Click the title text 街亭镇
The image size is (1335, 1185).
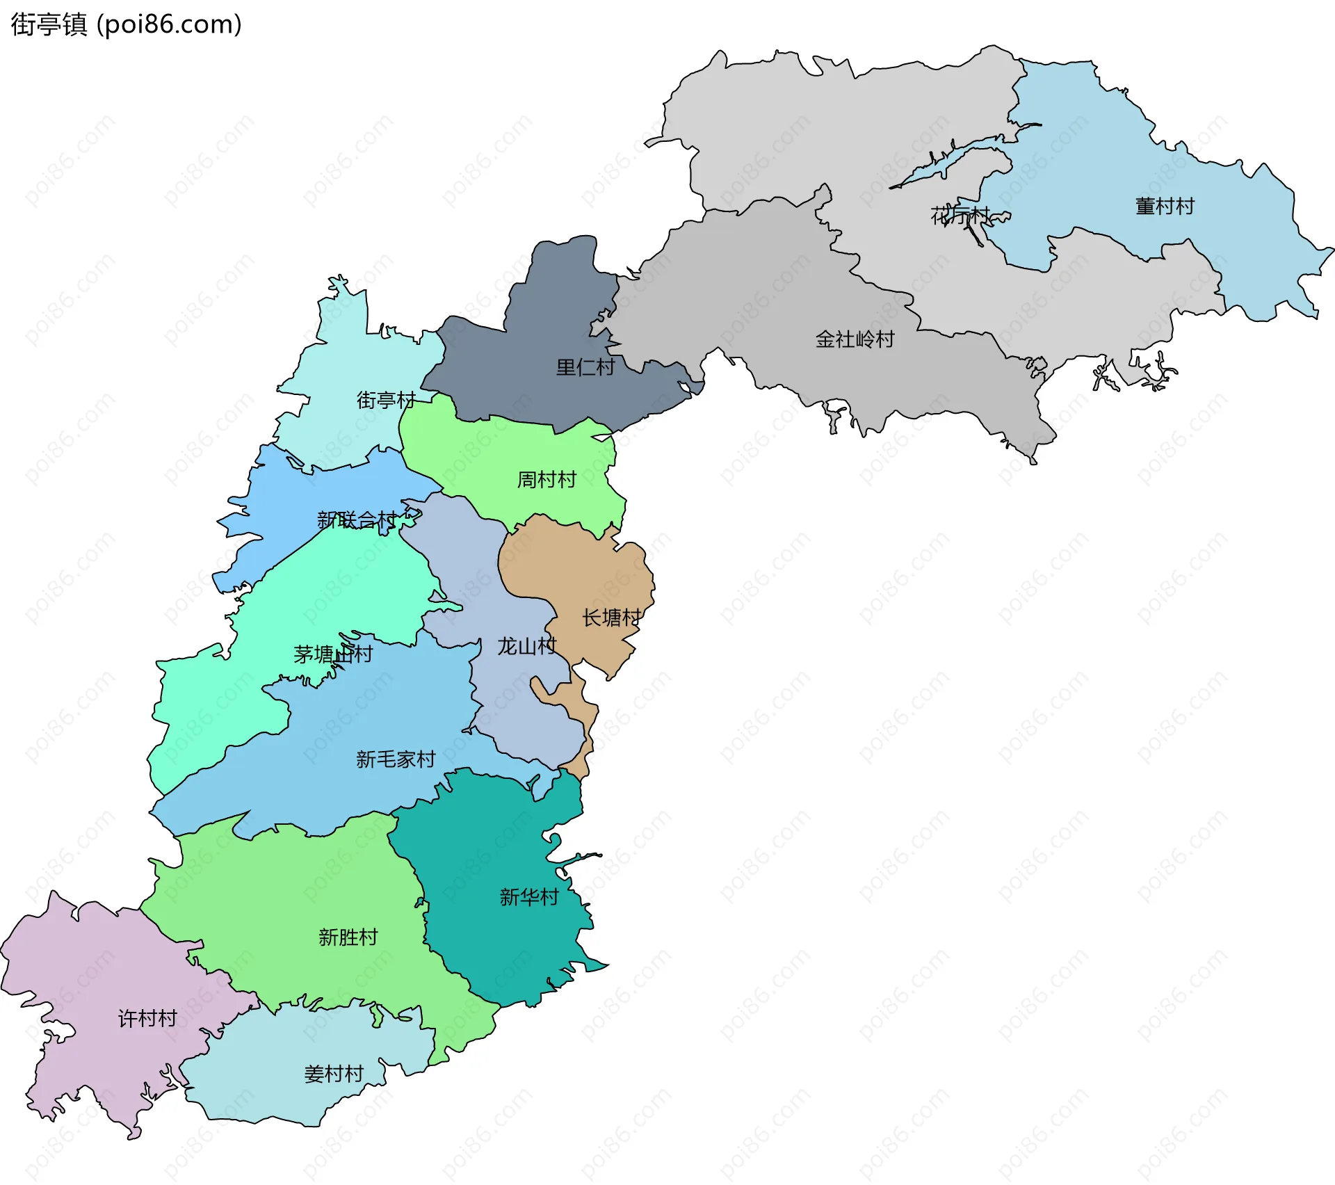[x=49, y=24]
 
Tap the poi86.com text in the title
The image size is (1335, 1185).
[x=169, y=24]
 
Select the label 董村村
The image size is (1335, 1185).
[x=1165, y=207]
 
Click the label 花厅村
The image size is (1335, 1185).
[x=960, y=216]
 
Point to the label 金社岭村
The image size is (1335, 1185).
[x=855, y=339]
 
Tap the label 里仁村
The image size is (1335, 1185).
[x=585, y=367]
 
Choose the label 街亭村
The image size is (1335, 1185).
[x=386, y=401]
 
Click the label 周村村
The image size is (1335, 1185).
[x=547, y=480]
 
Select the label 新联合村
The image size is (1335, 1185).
[x=357, y=519]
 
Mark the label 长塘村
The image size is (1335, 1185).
[x=611, y=618]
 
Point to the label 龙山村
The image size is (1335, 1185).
[x=526, y=647]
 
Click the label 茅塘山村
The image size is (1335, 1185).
[x=333, y=654]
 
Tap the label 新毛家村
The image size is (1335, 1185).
[x=396, y=759]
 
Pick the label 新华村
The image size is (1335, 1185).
[x=529, y=897]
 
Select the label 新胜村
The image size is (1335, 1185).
[x=348, y=937]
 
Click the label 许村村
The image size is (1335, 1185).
[x=147, y=1019]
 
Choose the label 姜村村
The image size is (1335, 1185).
[x=334, y=1074]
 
